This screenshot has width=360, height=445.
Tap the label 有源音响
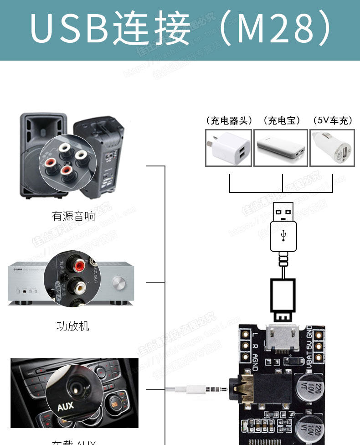click(x=73, y=216)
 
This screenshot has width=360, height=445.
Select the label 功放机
click(x=73, y=326)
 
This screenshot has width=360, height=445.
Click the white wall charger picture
click(x=228, y=148)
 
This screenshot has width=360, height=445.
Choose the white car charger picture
click(x=332, y=148)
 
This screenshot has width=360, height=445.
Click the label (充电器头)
click(x=229, y=120)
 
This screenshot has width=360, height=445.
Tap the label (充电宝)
click(x=282, y=120)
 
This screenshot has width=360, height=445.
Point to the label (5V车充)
click(x=333, y=120)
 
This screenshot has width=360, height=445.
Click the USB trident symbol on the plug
click(x=283, y=235)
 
